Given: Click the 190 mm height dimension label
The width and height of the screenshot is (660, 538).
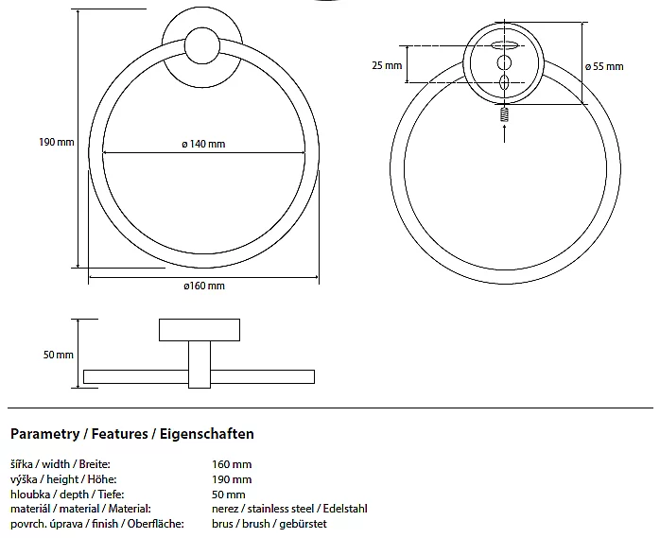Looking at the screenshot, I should pyautogui.click(x=56, y=143).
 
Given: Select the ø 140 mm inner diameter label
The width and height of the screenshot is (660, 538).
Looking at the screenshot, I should pyautogui.click(x=203, y=144).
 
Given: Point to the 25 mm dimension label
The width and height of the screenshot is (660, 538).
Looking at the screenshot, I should pyautogui.click(x=387, y=66).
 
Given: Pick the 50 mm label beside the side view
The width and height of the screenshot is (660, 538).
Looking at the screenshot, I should pyautogui.click(x=59, y=355).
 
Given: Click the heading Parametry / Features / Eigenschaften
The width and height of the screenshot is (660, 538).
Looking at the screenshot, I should pyautogui.click(x=131, y=434).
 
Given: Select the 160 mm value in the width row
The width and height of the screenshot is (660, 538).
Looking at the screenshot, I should pyautogui.click(x=232, y=464).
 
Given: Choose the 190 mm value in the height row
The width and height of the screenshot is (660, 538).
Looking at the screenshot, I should pyautogui.click(x=232, y=479).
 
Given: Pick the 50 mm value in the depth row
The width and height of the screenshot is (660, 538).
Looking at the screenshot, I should pyautogui.click(x=229, y=495).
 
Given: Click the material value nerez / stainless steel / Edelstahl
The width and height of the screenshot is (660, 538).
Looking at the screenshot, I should pyautogui.click(x=289, y=509).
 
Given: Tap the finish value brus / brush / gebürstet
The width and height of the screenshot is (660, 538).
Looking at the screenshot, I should pyautogui.click(x=269, y=524).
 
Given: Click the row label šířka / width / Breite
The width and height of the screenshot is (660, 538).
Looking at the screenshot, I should pyautogui.click(x=60, y=464).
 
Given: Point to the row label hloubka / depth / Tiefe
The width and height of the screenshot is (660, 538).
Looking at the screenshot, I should pyautogui.click(x=66, y=495).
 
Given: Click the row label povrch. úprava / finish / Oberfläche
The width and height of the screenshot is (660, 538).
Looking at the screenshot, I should pyautogui.click(x=96, y=524).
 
